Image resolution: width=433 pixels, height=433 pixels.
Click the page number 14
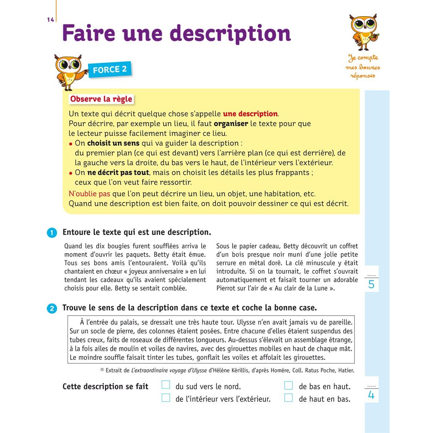[x=50, y=20]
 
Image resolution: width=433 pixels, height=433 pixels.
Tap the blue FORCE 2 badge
[x=110, y=69]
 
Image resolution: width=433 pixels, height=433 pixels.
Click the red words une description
[x=250, y=114]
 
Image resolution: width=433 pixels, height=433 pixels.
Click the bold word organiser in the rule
[x=231, y=124]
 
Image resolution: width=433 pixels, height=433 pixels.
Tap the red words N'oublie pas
[x=89, y=194]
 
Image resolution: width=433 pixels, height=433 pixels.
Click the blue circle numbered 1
[x=52, y=233]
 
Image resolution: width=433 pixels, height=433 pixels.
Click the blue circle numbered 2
[x=52, y=308]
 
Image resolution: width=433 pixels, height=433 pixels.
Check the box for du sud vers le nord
[x=166, y=385]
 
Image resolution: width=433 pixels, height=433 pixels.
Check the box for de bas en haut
[x=288, y=385]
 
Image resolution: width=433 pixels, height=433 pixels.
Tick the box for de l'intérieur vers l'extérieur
[x=166, y=397]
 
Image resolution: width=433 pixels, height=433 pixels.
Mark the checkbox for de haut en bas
[x=288, y=397]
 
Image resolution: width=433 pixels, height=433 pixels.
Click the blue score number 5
[x=371, y=284]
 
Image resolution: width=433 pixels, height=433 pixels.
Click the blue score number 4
[x=371, y=395]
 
